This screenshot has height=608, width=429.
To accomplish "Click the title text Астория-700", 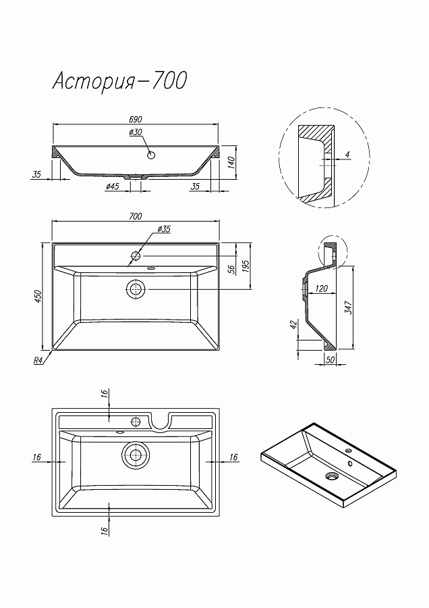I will [x=119, y=81].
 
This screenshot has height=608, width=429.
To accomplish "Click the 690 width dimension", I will [x=136, y=119].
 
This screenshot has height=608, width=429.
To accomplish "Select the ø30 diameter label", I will [x=135, y=132].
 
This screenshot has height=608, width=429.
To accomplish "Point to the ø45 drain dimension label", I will [x=113, y=186].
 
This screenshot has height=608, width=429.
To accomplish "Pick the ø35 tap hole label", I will [x=163, y=230].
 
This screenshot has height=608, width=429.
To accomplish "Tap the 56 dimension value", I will [x=231, y=268].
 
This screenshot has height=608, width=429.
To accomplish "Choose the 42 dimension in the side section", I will [x=293, y=325].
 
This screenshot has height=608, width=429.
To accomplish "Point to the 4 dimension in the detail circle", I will [x=347, y=155].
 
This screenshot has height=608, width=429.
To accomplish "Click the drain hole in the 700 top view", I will [x=136, y=289].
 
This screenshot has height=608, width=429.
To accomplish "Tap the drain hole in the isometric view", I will [x=331, y=476].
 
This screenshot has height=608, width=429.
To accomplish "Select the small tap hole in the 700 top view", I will [x=136, y=256].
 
